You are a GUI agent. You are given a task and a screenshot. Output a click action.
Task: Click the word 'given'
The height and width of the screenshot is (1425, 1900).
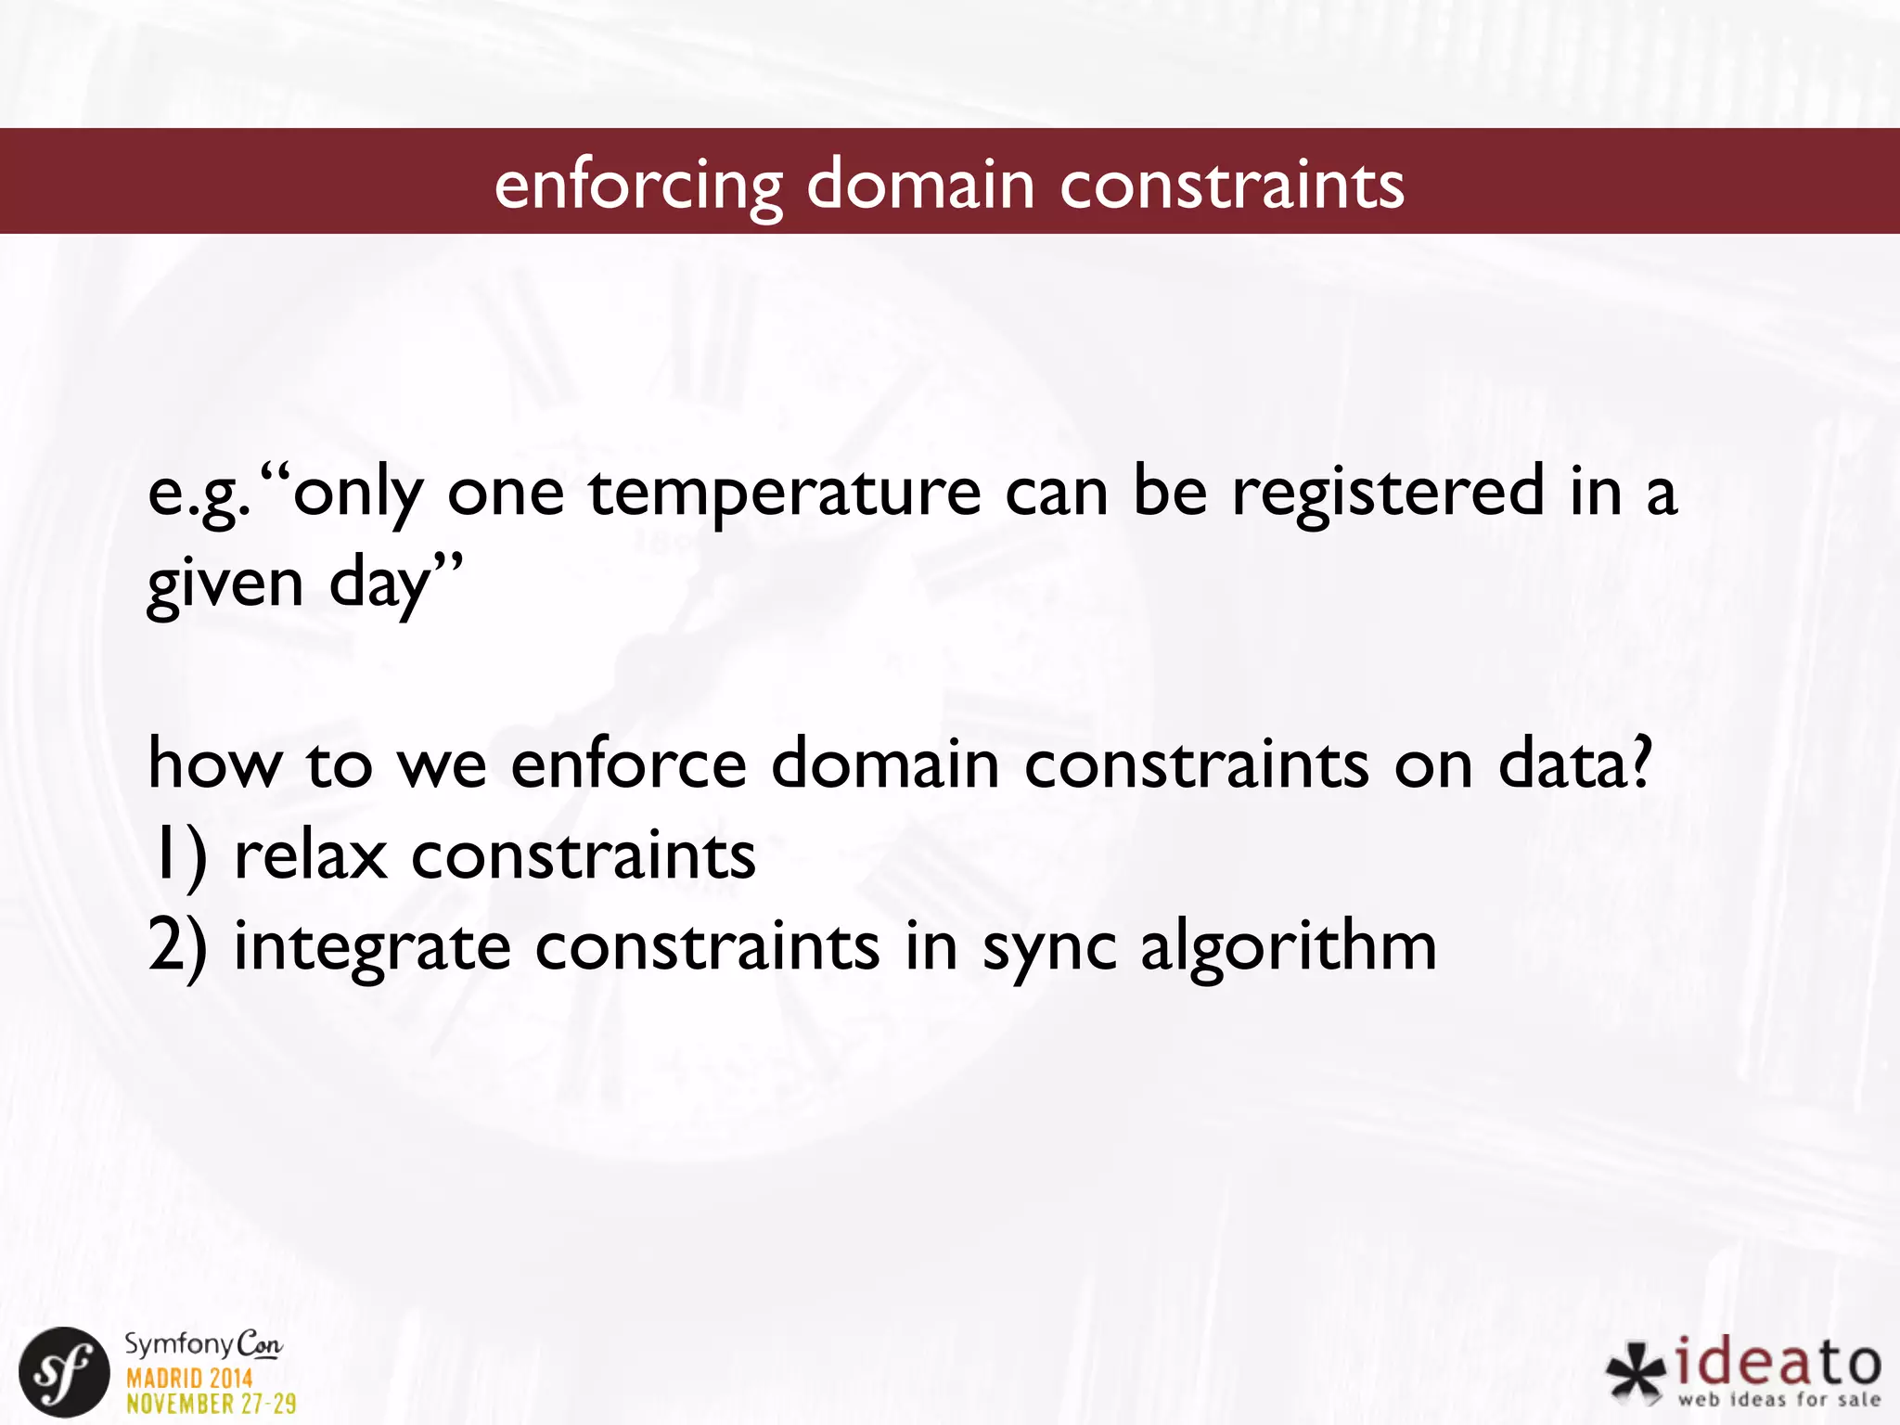click(x=225, y=584)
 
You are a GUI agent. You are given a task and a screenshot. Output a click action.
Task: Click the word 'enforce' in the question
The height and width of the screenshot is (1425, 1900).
click(x=628, y=764)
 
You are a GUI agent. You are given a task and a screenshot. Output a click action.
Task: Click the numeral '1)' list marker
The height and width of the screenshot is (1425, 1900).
click(x=177, y=857)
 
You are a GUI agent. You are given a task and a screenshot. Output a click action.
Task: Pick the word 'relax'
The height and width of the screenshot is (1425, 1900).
click(x=310, y=855)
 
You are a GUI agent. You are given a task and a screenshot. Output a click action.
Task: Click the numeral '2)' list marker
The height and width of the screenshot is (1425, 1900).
click(x=177, y=946)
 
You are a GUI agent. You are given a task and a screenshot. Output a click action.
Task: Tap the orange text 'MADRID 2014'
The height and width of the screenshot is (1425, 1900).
click(x=189, y=1378)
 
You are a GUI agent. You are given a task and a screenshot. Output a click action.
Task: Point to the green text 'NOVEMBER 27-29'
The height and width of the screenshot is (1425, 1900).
click(x=212, y=1404)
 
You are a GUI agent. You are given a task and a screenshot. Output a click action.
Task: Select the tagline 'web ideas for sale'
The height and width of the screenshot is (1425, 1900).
click(x=1778, y=1399)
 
